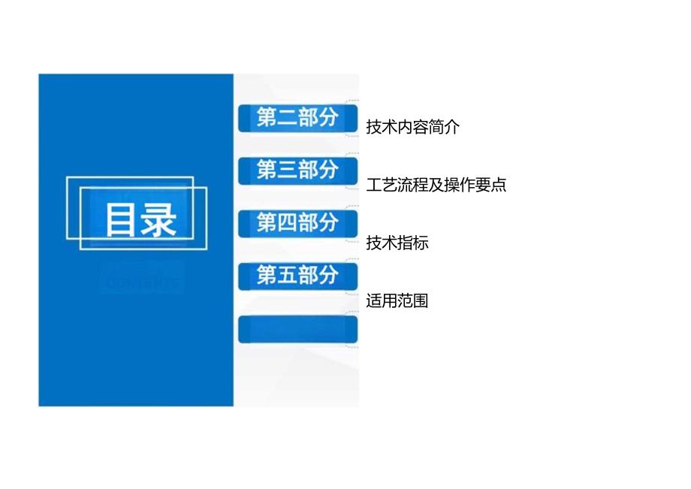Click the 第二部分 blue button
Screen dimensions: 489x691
(x=297, y=118)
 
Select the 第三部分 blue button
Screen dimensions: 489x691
(x=297, y=171)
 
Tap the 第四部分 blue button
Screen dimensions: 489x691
(x=297, y=223)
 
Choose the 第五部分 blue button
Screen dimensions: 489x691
(x=297, y=276)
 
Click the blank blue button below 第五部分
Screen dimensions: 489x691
(x=297, y=329)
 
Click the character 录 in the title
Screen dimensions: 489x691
(x=158, y=220)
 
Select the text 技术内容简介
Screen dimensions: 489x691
(x=412, y=127)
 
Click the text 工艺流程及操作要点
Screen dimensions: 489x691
(x=436, y=185)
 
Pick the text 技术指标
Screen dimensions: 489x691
(x=397, y=243)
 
